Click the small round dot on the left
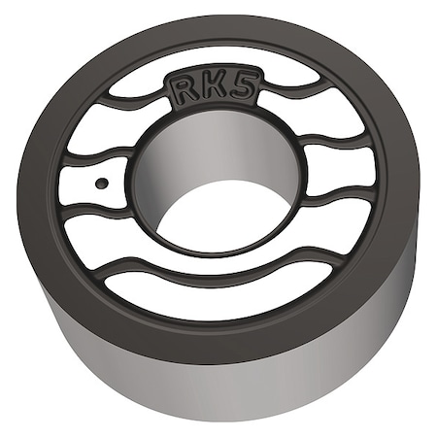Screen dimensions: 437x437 pyautogui.click(x=101, y=182)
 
